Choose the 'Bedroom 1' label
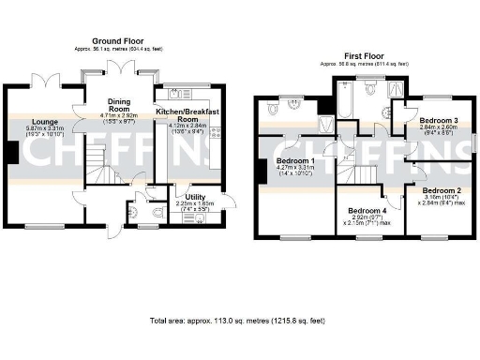click(294, 161)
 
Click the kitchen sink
click(174, 95)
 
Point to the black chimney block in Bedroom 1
click(259, 171)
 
